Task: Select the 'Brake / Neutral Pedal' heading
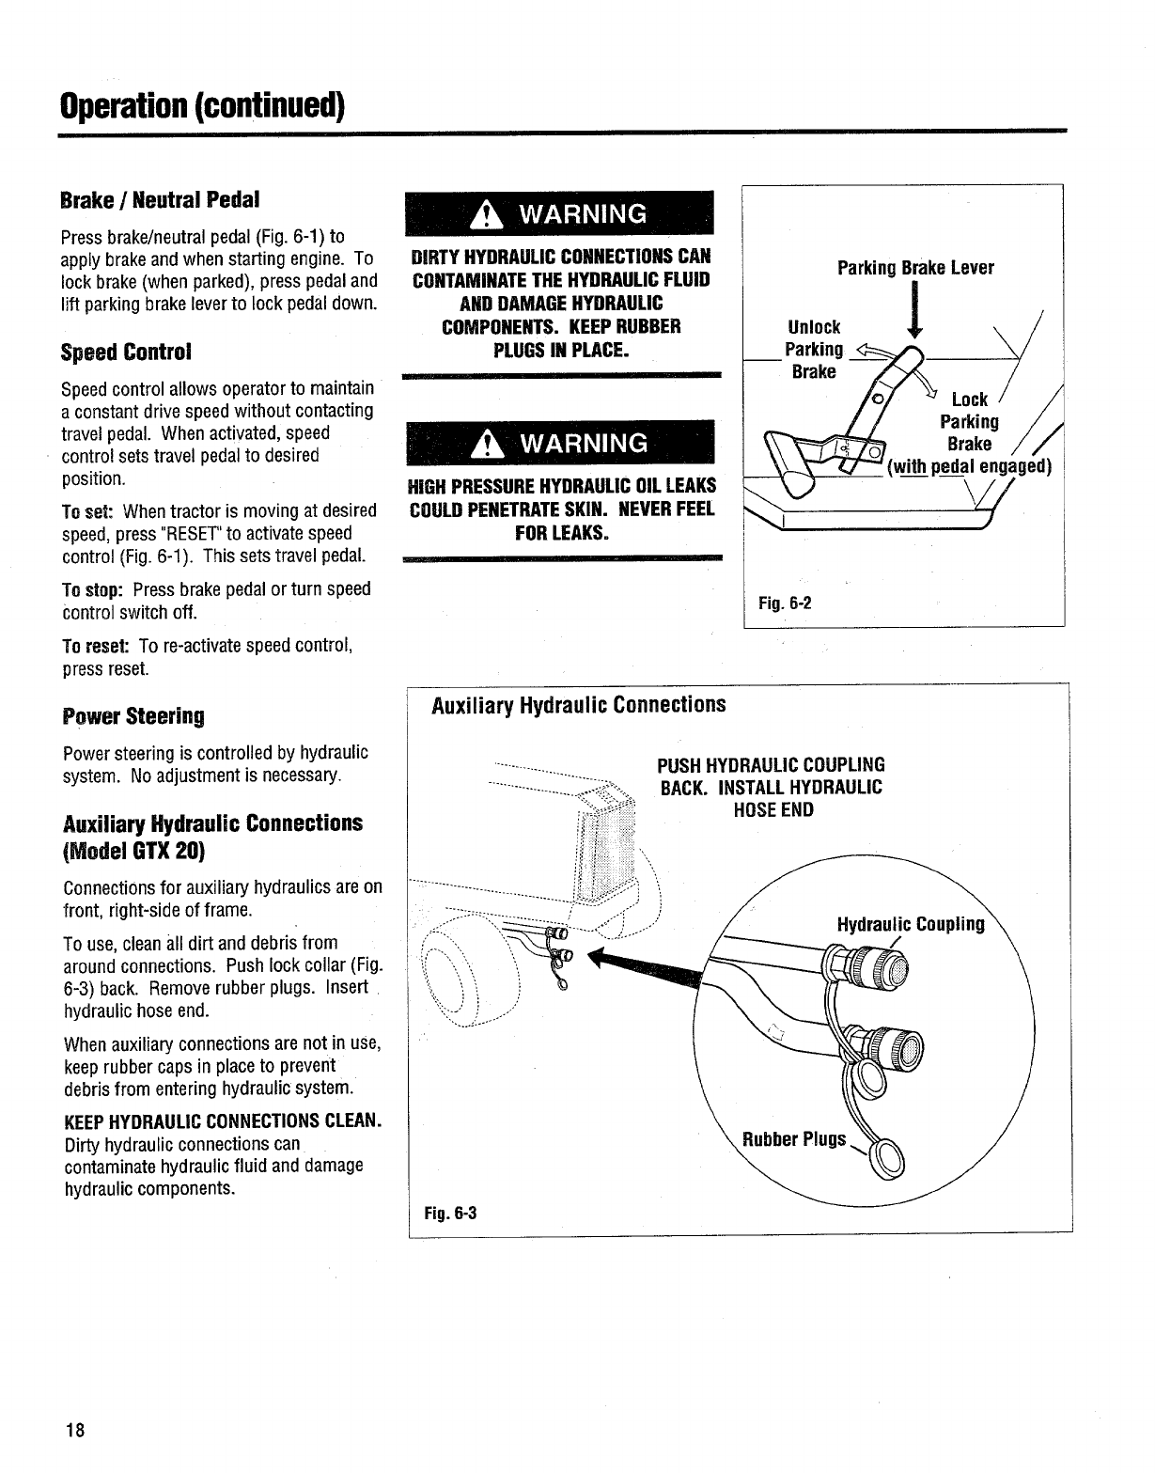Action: (x=159, y=200)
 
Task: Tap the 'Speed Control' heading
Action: (x=125, y=353)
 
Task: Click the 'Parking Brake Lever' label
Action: (x=914, y=268)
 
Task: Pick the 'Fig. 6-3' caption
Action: (x=450, y=1213)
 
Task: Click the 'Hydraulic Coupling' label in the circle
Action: (x=910, y=925)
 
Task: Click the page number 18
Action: (x=75, y=1432)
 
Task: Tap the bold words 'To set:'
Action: (x=87, y=511)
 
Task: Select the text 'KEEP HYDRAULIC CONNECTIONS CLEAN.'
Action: (x=222, y=1121)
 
